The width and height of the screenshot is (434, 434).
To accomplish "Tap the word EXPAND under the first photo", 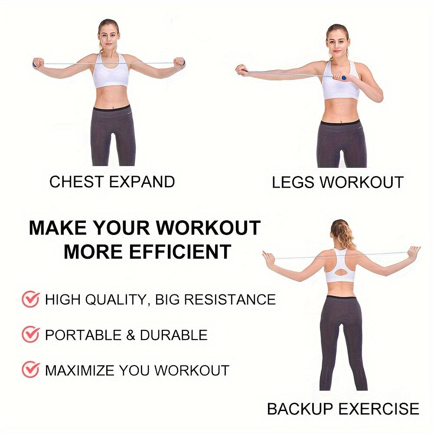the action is [x=142, y=182].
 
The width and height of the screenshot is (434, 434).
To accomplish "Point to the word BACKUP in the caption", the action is [x=300, y=409].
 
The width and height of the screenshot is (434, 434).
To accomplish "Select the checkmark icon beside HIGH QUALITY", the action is [x=31, y=299].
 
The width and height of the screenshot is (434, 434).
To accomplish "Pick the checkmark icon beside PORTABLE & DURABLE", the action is [x=31, y=334].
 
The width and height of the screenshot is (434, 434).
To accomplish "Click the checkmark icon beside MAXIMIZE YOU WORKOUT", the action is [x=31, y=369].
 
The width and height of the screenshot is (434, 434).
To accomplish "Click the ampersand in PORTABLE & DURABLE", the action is [x=131, y=335].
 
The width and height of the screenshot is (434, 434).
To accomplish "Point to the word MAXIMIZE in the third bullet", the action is [x=80, y=370].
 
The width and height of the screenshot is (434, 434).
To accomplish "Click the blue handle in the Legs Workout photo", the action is [x=343, y=78].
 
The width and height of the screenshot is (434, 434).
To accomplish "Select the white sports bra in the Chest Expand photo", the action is [x=110, y=72].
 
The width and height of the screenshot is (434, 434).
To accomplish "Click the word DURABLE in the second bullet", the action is [x=173, y=335].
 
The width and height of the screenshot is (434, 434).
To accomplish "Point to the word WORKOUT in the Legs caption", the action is [x=362, y=183].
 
